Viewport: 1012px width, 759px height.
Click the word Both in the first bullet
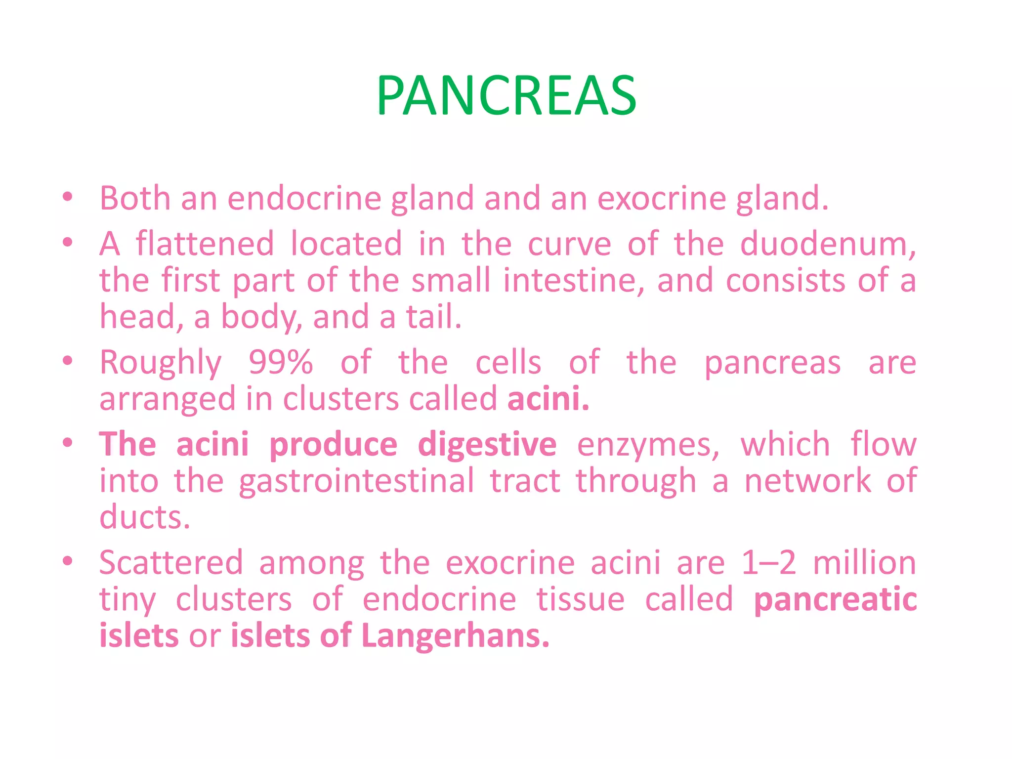tap(134, 199)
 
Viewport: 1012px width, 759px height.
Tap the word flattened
tap(205, 244)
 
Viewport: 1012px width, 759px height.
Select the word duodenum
tap(828, 244)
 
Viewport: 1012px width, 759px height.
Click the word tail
tap(433, 317)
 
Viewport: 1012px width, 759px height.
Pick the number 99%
tap(281, 362)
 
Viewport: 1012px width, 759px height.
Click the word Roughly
tap(161, 363)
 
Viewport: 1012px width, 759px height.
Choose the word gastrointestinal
tap(356, 481)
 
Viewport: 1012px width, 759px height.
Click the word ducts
tap(145, 518)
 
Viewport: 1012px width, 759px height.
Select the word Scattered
tap(171, 563)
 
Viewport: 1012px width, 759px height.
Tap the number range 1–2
tap(769, 563)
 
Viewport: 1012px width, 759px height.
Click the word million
tap(864, 563)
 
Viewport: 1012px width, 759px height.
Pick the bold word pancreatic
tap(835, 600)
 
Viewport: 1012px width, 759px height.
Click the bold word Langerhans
tap(455, 636)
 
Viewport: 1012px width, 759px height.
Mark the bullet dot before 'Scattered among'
tap(68, 561)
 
